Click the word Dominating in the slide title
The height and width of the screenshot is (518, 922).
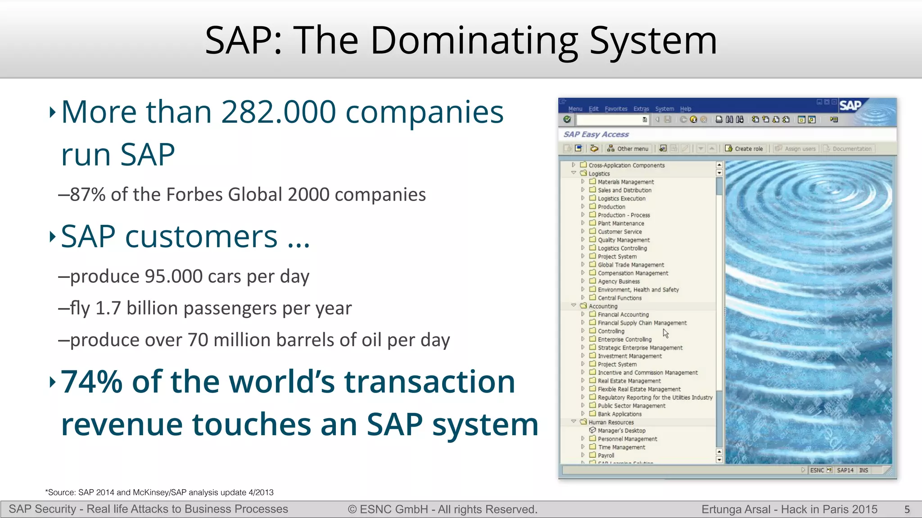474,41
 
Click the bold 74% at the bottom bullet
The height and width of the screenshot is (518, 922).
91,382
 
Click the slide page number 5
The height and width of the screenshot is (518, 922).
907,509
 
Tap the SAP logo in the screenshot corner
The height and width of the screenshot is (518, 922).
850,106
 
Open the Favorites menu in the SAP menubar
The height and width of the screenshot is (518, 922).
616,109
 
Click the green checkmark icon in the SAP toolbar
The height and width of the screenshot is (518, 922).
567,120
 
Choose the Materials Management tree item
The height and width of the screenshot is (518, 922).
625,182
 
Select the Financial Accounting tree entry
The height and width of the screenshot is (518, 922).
623,315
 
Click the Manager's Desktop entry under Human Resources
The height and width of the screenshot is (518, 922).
621,431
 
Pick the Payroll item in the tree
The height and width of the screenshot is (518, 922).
606,455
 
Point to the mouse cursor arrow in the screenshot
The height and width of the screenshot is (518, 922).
665,333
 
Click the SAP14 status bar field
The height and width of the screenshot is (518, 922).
845,470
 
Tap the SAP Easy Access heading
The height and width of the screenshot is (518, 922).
596,134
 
